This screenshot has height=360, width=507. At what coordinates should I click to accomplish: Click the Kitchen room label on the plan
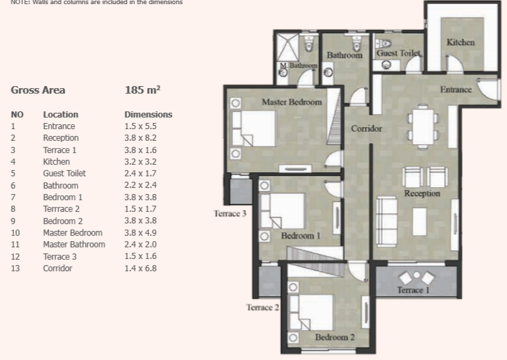(x=461, y=42)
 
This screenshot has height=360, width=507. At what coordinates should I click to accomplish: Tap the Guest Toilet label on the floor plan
(x=398, y=53)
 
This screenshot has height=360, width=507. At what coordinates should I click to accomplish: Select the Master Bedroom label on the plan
(x=292, y=102)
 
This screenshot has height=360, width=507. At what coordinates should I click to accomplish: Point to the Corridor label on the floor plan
(x=366, y=128)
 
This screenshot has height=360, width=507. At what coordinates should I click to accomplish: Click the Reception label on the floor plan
(x=422, y=193)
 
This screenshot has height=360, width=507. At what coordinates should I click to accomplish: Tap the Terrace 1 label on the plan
(x=413, y=290)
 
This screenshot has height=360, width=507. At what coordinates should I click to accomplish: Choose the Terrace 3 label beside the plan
(x=230, y=214)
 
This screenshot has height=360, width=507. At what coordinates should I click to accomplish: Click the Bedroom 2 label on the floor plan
(x=335, y=337)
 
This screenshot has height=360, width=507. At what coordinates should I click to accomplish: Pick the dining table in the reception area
(x=423, y=126)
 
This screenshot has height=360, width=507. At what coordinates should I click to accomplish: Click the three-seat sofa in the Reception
(x=387, y=222)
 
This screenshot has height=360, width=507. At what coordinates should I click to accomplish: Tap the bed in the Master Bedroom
(x=253, y=128)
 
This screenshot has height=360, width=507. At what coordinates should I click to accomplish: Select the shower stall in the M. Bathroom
(x=287, y=48)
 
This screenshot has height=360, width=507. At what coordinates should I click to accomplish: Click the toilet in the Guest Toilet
(x=384, y=43)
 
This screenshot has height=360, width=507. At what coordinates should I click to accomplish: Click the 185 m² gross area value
(x=143, y=90)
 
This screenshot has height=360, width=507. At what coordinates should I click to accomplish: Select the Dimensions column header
(x=148, y=115)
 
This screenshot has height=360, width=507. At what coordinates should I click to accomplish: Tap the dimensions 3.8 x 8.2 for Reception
(x=140, y=138)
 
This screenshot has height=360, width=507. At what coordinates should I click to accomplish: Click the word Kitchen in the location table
(x=56, y=162)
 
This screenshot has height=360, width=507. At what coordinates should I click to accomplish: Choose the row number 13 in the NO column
(x=15, y=268)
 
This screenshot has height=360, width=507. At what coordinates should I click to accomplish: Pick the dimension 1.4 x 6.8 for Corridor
(x=140, y=268)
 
